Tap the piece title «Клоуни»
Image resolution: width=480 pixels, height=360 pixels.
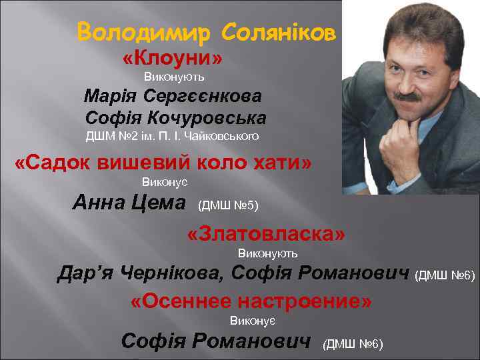tap(173, 59)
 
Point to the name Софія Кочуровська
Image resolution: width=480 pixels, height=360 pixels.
tap(176, 118)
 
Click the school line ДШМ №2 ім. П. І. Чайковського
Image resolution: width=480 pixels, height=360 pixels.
tap(172, 137)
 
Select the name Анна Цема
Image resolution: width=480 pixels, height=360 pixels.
tap(129, 201)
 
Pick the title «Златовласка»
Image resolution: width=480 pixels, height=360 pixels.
tap(267, 234)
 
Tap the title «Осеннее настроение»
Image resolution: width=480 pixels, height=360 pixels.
tap(251, 301)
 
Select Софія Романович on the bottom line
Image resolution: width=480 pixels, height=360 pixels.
tap(216, 341)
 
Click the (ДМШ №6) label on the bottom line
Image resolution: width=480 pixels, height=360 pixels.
tap(353, 344)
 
